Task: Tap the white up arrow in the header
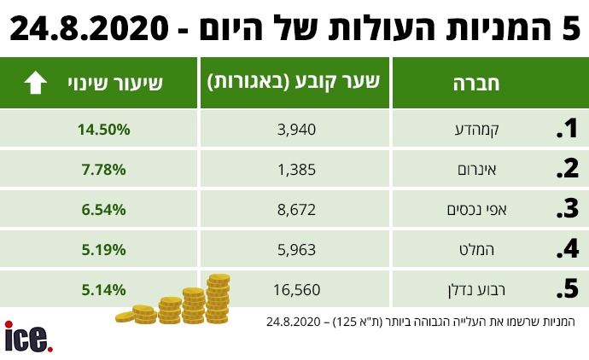[35, 83]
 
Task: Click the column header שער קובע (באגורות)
[294, 83]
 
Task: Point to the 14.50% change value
[102, 130]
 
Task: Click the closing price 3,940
[298, 130]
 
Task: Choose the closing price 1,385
[298, 169]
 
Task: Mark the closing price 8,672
[298, 209]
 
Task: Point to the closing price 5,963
[298, 249]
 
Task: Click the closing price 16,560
[294, 289]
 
